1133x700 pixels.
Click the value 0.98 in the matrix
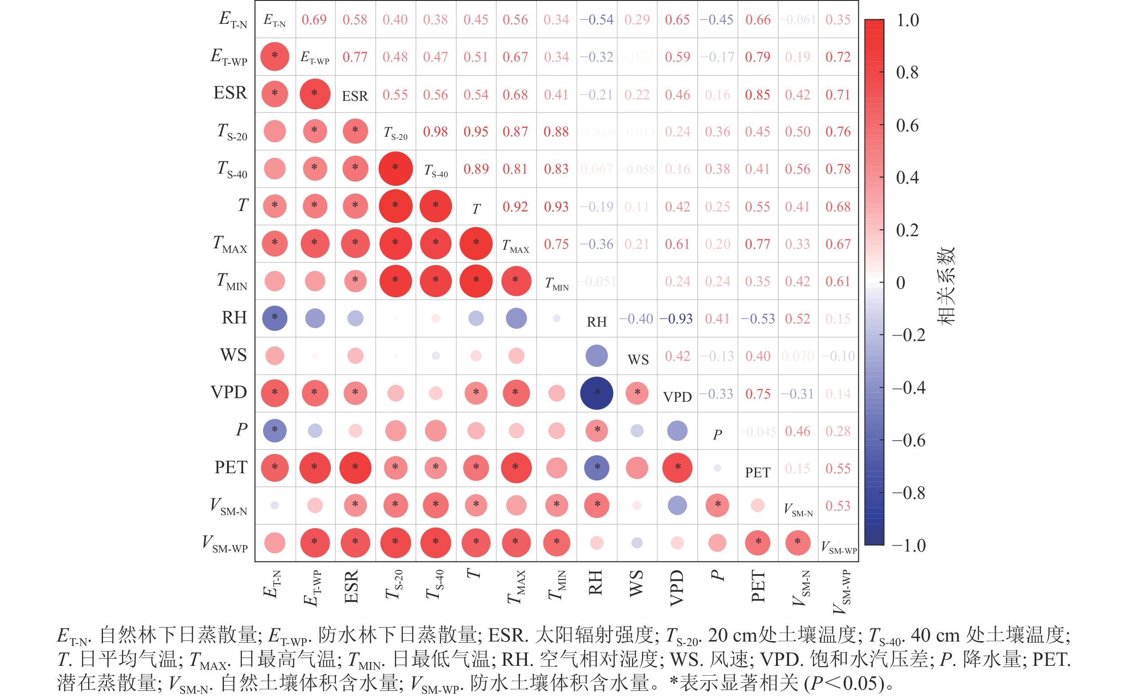435,131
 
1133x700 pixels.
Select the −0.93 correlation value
676,319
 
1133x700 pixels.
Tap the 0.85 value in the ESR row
757,94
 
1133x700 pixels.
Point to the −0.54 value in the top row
596,19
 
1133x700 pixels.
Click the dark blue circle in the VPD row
596,393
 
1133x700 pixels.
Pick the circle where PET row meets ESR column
355,467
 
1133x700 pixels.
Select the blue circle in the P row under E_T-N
275,430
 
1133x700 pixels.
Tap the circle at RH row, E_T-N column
275,318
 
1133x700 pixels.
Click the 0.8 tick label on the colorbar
907,72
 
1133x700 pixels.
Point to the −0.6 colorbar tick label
909,440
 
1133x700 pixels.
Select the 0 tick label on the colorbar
900,283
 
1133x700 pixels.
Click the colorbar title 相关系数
946,286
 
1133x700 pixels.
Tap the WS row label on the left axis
234,355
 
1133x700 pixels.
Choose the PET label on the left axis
231,467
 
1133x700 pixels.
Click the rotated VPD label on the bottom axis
677,588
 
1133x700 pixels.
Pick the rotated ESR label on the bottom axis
351,587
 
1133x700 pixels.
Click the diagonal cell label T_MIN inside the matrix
557,283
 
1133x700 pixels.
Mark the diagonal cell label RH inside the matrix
596,322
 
